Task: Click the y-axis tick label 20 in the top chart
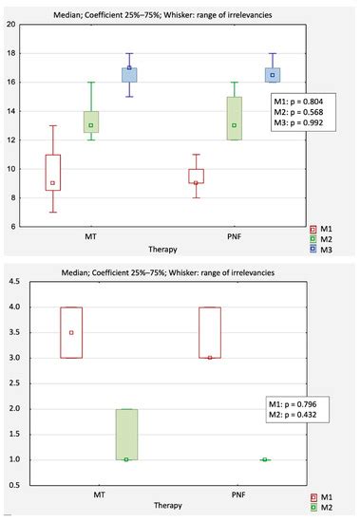[10, 25]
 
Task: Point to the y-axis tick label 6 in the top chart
[12, 227]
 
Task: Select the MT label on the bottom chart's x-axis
[99, 494]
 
